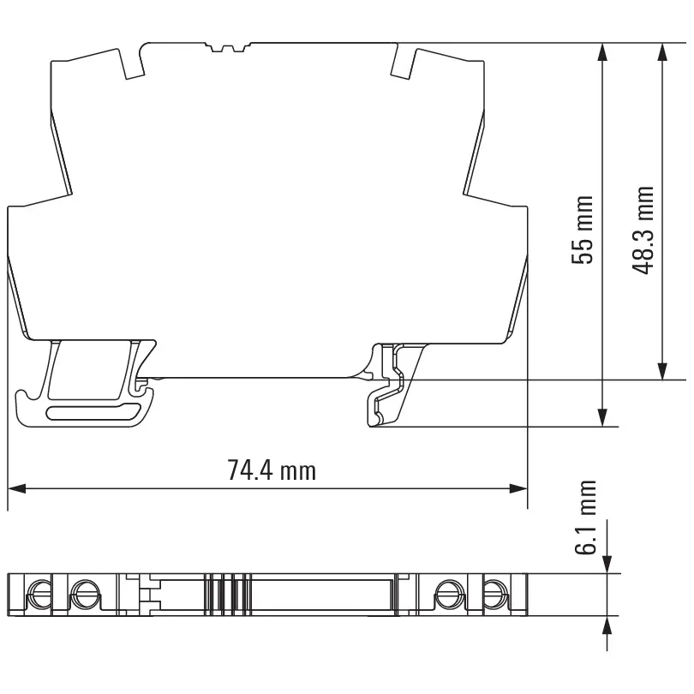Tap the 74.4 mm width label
(271, 470)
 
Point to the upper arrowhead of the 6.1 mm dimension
(607, 565)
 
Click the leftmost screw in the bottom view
(38, 591)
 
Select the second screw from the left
(83, 591)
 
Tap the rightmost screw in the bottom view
(493, 591)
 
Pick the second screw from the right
(447, 591)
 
